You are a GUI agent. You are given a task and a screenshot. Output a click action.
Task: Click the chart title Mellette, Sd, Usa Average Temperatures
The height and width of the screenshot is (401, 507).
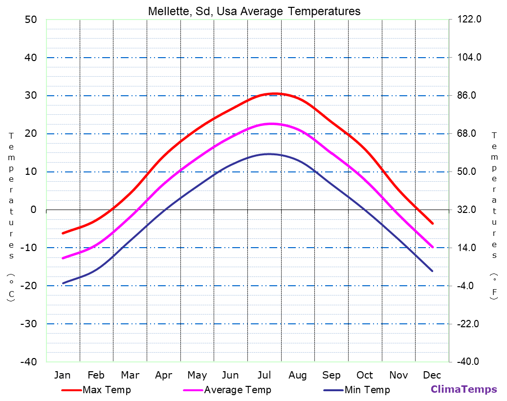(x=254, y=11)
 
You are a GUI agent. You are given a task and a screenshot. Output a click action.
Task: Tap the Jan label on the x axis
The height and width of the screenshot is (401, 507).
(x=62, y=375)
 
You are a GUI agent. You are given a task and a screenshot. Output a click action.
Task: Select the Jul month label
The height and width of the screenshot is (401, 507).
(x=264, y=375)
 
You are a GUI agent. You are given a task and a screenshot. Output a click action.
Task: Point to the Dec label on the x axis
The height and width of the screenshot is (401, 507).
(x=432, y=375)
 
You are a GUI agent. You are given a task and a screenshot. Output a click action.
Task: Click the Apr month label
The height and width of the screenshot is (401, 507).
(x=163, y=375)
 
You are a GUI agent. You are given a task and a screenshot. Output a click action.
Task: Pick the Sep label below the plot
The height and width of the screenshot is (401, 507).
(x=331, y=375)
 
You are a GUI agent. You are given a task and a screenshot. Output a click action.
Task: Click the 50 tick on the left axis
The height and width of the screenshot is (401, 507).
(x=30, y=20)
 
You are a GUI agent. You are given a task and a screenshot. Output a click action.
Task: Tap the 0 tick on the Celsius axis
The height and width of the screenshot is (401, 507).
(x=34, y=210)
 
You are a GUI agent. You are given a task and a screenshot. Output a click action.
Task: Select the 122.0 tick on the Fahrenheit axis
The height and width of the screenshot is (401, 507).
(x=470, y=20)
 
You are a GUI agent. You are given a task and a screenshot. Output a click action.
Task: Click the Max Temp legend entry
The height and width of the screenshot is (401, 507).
(x=107, y=390)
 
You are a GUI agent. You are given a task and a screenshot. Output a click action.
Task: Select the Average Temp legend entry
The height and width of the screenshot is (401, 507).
(x=237, y=390)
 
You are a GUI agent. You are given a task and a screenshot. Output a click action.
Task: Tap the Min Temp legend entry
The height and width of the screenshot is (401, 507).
(x=367, y=390)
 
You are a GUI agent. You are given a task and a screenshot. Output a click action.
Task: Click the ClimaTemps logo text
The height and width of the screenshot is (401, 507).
(x=463, y=389)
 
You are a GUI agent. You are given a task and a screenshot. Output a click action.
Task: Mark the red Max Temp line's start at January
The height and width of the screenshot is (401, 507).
(x=63, y=233)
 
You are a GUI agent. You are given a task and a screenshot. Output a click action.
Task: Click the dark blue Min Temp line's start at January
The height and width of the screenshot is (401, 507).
(x=63, y=283)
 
